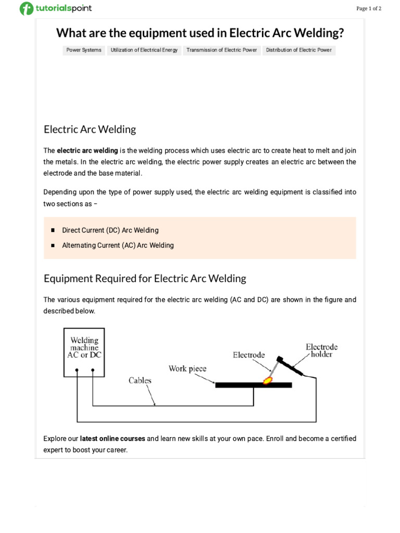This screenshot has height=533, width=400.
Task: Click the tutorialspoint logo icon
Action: coord(26,9)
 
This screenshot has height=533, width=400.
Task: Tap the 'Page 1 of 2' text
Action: coord(369,8)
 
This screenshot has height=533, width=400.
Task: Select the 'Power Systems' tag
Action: coord(84,50)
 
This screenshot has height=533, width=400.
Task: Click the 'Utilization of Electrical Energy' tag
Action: coord(144,50)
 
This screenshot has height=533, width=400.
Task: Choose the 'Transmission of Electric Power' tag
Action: coord(222,50)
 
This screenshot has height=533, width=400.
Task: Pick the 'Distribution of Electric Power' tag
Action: coord(299,50)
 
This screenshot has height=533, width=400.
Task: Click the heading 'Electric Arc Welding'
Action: coord(90,129)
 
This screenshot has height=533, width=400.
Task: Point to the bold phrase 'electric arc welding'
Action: coord(87,151)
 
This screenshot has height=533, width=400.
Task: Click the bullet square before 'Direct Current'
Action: coord(53,230)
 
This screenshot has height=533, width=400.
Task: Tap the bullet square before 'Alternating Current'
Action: coord(53,245)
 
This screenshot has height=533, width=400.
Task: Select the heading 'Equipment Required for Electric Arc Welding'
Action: coord(145,278)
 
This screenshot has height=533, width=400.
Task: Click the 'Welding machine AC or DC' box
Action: coord(84,351)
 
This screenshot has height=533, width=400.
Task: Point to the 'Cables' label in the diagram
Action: coord(140,380)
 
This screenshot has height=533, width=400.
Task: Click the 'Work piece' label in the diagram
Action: coord(187,369)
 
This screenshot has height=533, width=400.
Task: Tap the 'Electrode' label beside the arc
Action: coord(248,356)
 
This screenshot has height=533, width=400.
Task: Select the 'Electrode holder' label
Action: coord(321,350)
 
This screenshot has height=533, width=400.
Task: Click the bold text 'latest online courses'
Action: coord(113,439)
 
